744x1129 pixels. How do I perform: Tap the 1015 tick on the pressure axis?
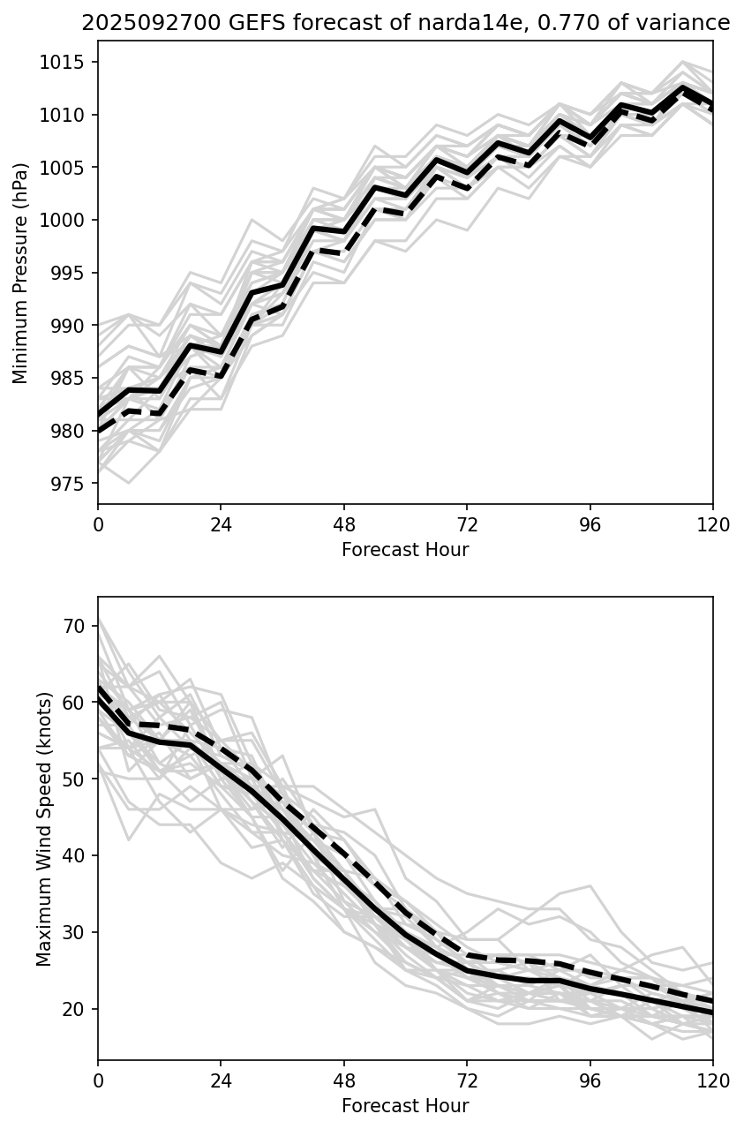68,63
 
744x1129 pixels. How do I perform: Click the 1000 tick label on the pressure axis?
68,221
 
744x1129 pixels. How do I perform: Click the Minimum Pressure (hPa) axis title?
21,273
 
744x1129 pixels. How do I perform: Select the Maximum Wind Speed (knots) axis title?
44,828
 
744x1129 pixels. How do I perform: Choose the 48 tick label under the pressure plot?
344,524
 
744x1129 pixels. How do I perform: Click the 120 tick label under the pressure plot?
713,524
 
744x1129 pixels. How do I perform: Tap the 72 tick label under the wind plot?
467,1080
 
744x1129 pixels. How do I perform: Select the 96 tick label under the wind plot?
590,1080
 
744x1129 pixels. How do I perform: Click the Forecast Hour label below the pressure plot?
405,550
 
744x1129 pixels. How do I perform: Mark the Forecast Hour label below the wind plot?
405,1106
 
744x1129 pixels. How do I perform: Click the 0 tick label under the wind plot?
98,1080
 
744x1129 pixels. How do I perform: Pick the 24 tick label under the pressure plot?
221,524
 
